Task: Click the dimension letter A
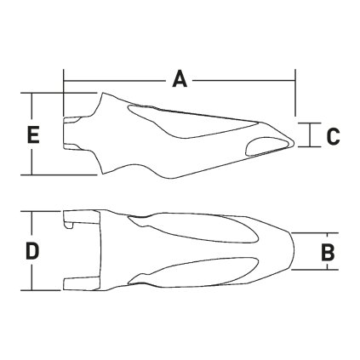pyautogui.click(x=180, y=79)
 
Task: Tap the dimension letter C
pyautogui.click(x=333, y=135)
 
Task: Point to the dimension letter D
pyautogui.click(x=31, y=251)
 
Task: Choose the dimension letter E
pyautogui.click(x=32, y=134)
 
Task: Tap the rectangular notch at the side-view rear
pyautogui.click(x=73, y=134)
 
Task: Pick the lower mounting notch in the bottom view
pyautogui.click(x=77, y=281)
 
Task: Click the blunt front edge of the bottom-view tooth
pyautogui.click(x=294, y=251)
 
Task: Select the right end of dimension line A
pyautogui.click(x=294, y=83)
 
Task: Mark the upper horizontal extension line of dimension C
pyautogui.click(x=311, y=121)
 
